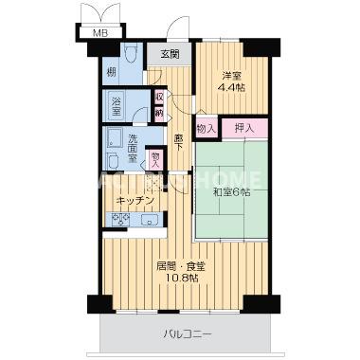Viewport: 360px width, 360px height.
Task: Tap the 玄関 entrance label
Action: (170, 55)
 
